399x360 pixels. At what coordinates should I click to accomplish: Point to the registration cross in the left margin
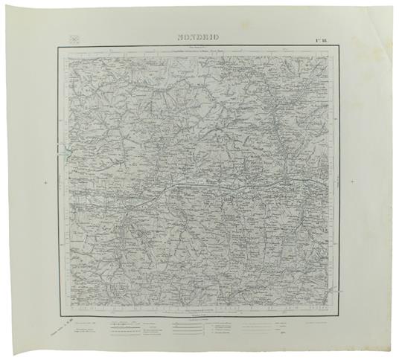point(46,181)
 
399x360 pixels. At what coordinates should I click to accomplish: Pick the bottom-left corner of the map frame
point(57,299)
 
